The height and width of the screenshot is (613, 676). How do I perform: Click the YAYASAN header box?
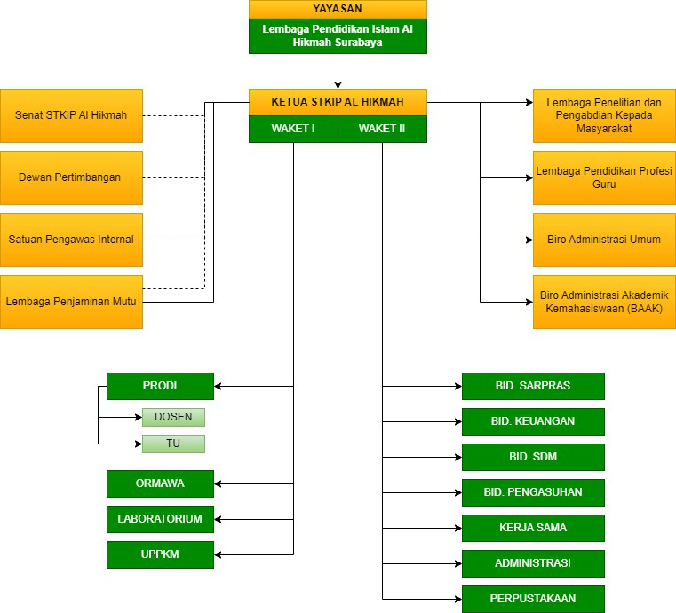338,9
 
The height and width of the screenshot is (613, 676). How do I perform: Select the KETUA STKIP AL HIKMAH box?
338,101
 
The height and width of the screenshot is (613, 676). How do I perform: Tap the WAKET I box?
293,129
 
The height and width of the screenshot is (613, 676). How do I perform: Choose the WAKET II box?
382,129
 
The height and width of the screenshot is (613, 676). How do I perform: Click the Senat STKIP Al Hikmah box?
71,115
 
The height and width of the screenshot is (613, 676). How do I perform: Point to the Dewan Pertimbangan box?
71,177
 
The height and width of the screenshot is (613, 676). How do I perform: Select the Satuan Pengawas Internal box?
71,240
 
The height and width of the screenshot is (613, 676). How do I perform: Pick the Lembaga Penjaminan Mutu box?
71,302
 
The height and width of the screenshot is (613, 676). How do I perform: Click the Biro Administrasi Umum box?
604,240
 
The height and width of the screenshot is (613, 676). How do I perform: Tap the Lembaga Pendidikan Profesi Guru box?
604,177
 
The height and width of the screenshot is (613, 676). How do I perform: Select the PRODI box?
160,386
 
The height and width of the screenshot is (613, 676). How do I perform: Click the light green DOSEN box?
173,417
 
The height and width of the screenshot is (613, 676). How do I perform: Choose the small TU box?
173,444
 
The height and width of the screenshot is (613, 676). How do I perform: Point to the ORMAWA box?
160,483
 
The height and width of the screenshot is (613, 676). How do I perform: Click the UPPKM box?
160,554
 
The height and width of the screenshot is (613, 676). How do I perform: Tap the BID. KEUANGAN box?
533,421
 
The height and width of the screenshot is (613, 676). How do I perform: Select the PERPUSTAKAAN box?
533,599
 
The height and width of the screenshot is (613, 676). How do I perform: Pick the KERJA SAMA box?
533,528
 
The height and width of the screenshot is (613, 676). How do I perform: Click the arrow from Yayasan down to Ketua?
338,69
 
